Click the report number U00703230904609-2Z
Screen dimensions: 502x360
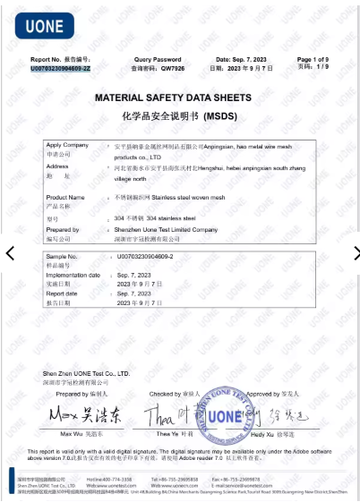pos(60,68)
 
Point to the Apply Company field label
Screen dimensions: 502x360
pos(67,145)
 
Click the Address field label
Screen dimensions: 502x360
pos(57,166)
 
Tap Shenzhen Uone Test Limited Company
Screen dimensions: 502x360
pos(167,229)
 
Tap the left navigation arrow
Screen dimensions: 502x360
pos(10,253)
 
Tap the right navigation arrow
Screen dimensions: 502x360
pos(350,253)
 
